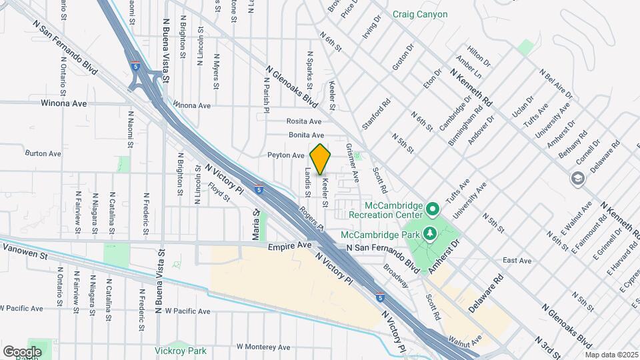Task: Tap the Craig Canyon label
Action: pyautogui.click(x=419, y=14)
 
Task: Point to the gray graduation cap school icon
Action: pyautogui.click(x=576, y=178)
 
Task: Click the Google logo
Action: pyautogui.click(x=22, y=351)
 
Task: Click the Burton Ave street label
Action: pyautogui.click(x=43, y=153)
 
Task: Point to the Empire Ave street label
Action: pyautogui.click(x=290, y=246)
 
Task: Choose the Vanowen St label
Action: pyautogui.click(x=26, y=255)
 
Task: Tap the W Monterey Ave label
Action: pyautogui.click(x=263, y=347)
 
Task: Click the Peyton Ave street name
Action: pyautogui.click(x=286, y=155)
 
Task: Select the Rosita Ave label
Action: pyautogui.click(x=304, y=121)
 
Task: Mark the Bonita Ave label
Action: pyautogui.click(x=305, y=135)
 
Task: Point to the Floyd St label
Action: pyautogui.click(x=219, y=193)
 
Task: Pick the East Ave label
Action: pyautogui.click(x=517, y=261)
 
